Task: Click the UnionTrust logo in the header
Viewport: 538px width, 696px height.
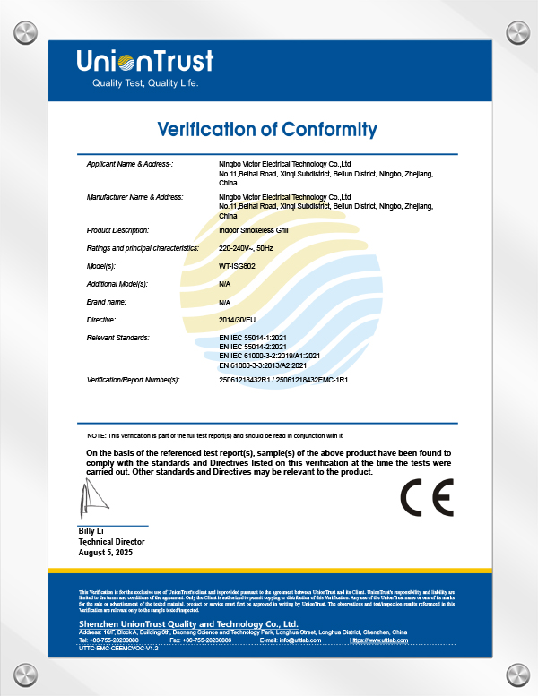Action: (144, 61)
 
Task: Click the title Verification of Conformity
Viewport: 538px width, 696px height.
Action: (267, 129)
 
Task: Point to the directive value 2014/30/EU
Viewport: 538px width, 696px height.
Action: (237, 319)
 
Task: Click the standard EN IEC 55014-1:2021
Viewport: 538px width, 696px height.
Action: (253, 337)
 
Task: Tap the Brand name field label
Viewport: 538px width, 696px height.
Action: (107, 302)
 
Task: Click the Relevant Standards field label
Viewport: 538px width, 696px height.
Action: (117, 337)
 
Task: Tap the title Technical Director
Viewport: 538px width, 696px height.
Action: (111, 542)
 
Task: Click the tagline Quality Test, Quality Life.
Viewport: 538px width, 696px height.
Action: (144, 83)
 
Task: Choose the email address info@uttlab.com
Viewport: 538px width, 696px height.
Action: (299, 640)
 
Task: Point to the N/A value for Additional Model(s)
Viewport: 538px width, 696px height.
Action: (225, 284)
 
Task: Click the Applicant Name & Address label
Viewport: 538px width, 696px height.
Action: (130, 165)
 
